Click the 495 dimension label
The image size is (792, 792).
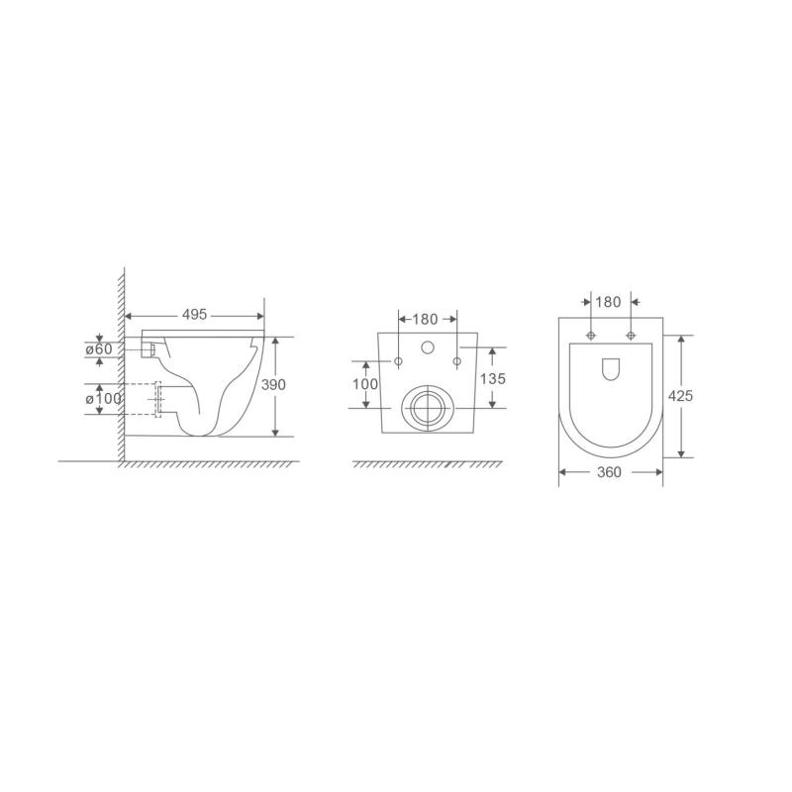(194, 315)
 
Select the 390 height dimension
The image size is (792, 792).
(273, 385)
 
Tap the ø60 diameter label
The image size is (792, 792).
(98, 349)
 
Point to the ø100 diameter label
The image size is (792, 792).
(104, 399)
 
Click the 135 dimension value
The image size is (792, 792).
(492, 379)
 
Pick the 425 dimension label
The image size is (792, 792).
(680, 396)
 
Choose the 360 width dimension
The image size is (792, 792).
(609, 472)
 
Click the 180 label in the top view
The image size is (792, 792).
(608, 302)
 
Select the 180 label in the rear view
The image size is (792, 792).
(426, 319)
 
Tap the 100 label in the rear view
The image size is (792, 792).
(365, 384)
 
